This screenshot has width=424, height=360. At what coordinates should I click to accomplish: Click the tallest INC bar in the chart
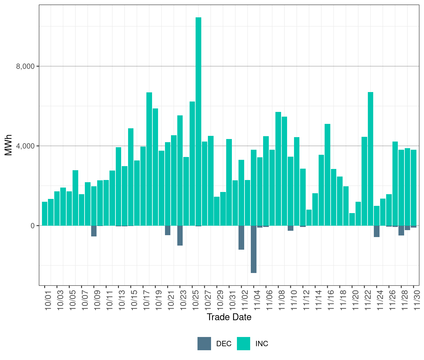(x=198, y=121)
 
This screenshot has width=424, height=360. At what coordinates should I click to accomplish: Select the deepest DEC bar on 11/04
(x=254, y=249)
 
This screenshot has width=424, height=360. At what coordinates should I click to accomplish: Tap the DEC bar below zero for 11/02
(x=241, y=237)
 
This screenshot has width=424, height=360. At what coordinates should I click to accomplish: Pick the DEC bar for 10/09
(x=94, y=231)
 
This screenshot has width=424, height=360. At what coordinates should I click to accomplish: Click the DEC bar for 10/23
(x=180, y=235)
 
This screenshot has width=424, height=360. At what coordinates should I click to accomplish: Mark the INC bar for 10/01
(x=44, y=214)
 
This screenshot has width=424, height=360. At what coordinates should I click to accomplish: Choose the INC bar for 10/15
(x=131, y=177)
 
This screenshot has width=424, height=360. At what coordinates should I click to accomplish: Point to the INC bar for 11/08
(x=278, y=169)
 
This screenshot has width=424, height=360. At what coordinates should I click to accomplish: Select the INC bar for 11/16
(x=327, y=175)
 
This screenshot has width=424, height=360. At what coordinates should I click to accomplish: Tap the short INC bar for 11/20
(x=352, y=219)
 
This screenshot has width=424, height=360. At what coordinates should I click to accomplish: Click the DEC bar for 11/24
(x=377, y=231)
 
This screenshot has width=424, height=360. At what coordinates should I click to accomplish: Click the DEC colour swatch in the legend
(x=204, y=344)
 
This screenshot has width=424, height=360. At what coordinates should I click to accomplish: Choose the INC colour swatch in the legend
(x=243, y=344)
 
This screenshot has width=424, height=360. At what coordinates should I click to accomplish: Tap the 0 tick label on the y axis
(x=32, y=226)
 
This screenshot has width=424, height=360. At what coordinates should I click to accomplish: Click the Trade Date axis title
(x=229, y=317)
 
